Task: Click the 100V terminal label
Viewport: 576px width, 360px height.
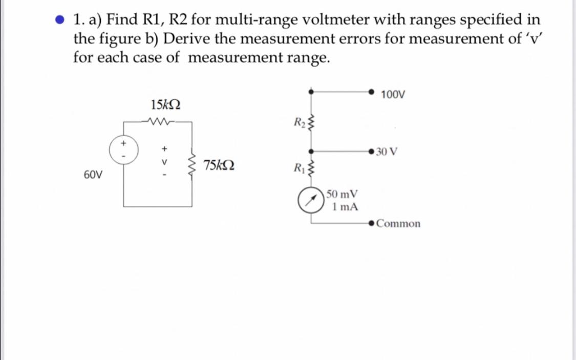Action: pyautogui.click(x=393, y=95)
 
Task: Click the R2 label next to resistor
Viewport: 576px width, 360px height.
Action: pyautogui.click(x=299, y=122)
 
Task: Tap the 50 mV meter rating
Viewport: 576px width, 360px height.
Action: pyautogui.click(x=343, y=195)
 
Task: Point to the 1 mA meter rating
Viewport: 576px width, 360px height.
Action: pyautogui.click(x=344, y=207)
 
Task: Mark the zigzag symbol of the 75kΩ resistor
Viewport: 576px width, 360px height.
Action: pyautogui.click(x=193, y=164)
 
